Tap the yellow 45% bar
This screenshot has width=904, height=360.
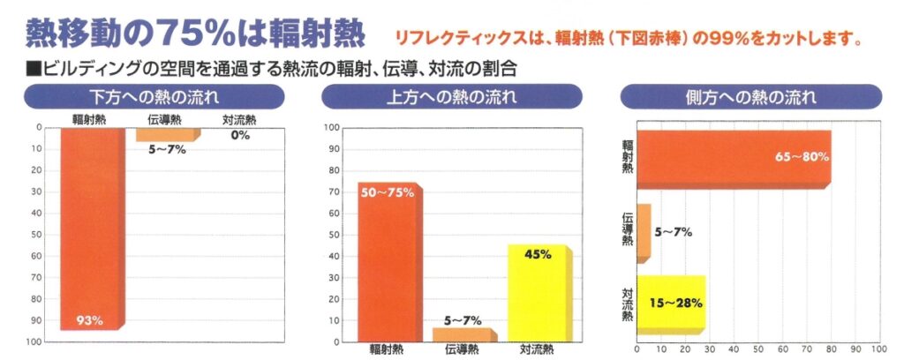[x=538, y=296]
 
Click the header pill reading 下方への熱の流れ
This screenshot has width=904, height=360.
[x=154, y=96]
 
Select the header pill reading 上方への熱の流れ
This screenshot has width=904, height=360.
[x=451, y=96]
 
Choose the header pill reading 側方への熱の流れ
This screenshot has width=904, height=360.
[x=751, y=96]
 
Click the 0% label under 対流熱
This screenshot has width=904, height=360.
[x=241, y=136]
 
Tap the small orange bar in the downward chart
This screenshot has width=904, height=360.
[x=167, y=134]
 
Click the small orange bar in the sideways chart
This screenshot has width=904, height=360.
[x=644, y=232]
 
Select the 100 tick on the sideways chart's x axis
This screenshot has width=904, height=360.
[x=878, y=349]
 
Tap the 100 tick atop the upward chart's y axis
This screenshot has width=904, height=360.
[x=334, y=129]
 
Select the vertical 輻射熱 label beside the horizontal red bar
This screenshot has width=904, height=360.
[x=627, y=155]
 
